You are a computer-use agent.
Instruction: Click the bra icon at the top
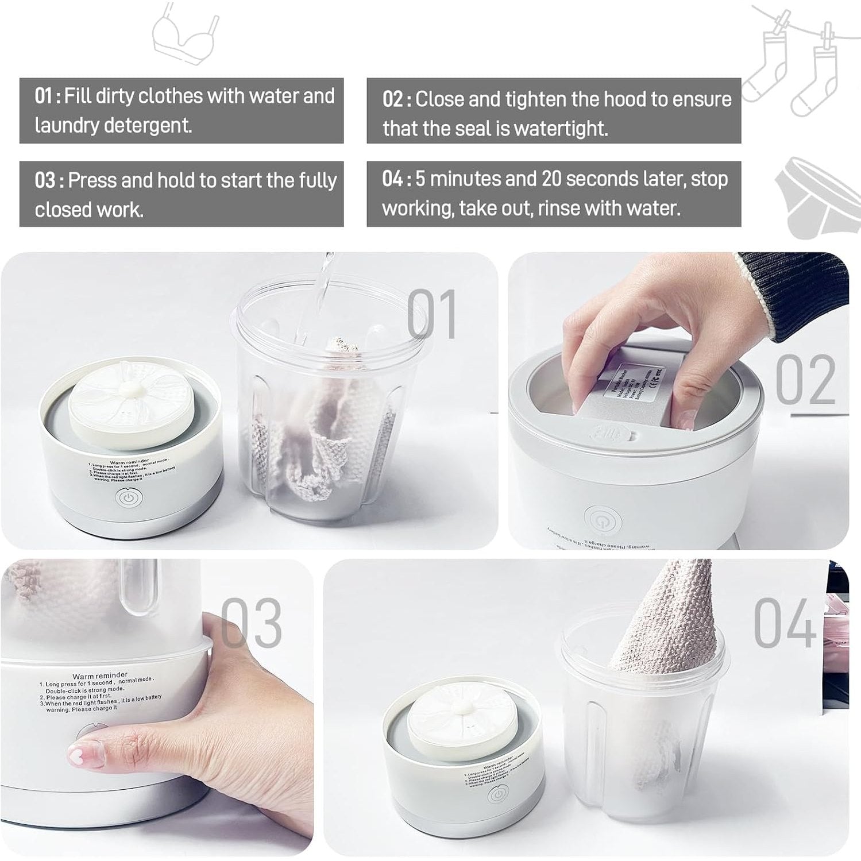(185, 33)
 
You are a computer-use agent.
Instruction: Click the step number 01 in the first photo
(432, 314)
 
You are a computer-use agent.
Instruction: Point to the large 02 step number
(805, 380)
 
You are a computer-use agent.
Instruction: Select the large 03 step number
(251, 623)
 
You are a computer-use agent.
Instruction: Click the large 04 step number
(784, 623)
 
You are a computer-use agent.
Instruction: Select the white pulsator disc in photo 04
(460, 714)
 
